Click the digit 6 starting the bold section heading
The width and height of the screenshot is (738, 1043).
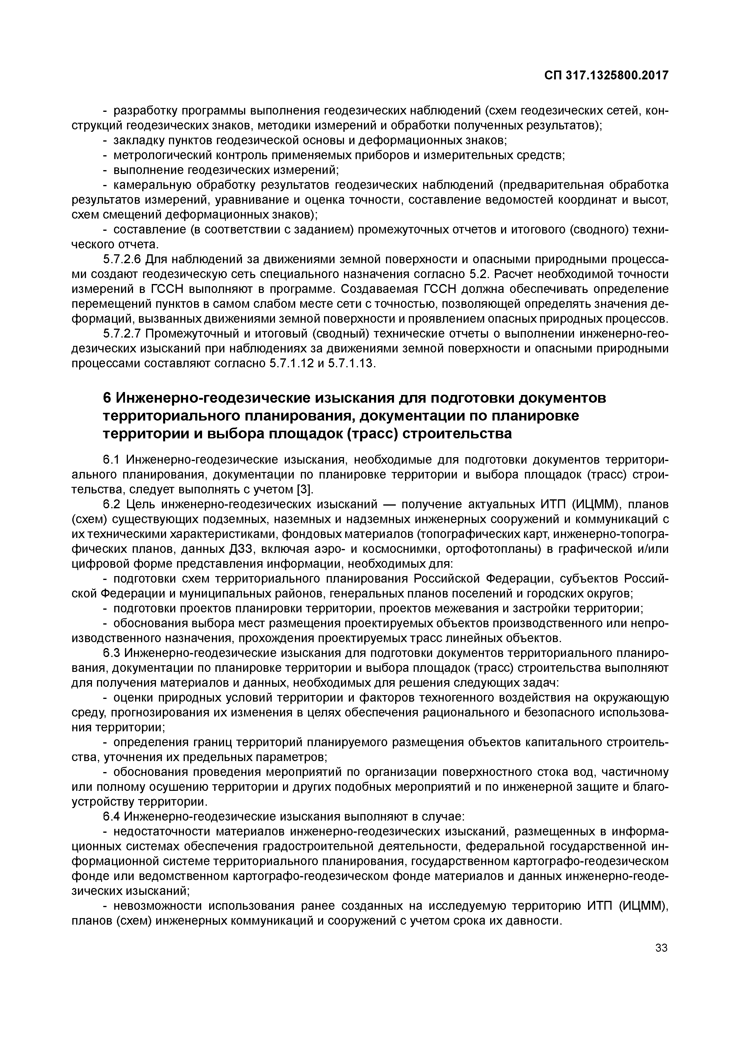point(107,398)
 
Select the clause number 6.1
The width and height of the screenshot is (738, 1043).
point(111,460)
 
